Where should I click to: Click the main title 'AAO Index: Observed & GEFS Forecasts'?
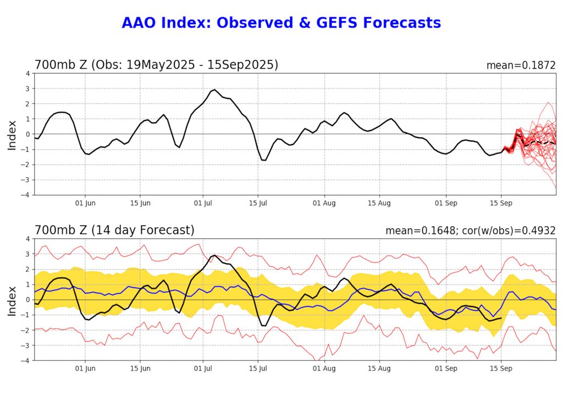281,23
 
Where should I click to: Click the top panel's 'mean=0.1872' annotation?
521,65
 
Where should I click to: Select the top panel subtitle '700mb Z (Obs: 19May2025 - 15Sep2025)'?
156,65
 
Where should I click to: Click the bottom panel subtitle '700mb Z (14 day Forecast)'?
114,230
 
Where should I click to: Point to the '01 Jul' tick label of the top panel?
203,203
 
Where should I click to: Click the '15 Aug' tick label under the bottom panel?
379,369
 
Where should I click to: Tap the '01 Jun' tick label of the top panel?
85,203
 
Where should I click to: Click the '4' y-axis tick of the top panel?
27,73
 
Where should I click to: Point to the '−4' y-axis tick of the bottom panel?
25,360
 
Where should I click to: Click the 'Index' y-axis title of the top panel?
12,134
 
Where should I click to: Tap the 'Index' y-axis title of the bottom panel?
12,299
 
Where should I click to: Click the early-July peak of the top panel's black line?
214,90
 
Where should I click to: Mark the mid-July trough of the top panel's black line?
264,160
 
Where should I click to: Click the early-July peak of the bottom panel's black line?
214,255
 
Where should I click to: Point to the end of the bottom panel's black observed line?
501,318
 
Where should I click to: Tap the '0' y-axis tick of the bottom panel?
27,300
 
